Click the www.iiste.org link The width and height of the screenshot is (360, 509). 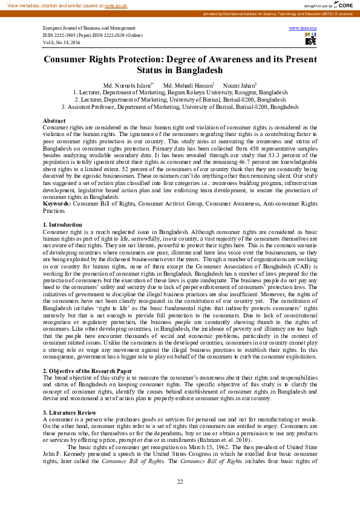point(303,28)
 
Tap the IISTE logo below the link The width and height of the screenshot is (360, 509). point(310,41)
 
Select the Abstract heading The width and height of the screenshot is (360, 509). point(54,121)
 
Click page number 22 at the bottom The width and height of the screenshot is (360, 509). point(180,481)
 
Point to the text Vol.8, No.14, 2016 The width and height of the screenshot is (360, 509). point(62,42)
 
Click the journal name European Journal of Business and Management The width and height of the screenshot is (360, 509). point(89,28)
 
